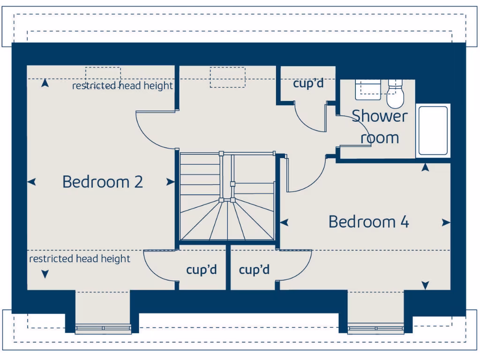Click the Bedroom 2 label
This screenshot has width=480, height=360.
pyautogui.click(x=102, y=181)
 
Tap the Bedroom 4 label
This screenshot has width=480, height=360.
pyautogui.click(x=368, y=221)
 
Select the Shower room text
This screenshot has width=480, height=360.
pyautogui.click(x=380, y=127)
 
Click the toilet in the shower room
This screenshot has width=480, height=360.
pyautogui.click(x=395, y=94)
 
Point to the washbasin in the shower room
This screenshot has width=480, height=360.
pyautogui.click(x=368, y=89)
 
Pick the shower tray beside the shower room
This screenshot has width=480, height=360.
pyautogui.click(x=433, y=130)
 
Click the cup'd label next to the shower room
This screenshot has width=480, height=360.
pyautogui.click(x=308, y=84)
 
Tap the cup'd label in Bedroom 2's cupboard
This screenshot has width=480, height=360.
pyautogui.click(x=202, y=270)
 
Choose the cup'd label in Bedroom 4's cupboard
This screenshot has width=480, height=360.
pyautogui.click(x=254, y=270)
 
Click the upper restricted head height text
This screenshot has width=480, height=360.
pyautogui.click(x=122, y=86)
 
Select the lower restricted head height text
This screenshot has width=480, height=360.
pyautogui.click(x=80, y=259)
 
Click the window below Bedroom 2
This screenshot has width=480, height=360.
pyautogui.click(x=103, y=328)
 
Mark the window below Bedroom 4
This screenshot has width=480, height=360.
pyautogui.click(x=376, y=328)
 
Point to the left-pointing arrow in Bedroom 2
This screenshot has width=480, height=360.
pyautogui.click(x=32, y=182)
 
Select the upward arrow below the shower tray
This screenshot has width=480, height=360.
pyautogui.click(x=426, y=166)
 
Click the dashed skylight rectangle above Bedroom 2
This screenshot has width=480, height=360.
pyautogui.click(x=103, y=74)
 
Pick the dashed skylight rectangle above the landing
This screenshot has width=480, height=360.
pyautogui.click(x=228, y=77)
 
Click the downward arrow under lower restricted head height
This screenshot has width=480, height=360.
pyautogui.click(x=45, y=274)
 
